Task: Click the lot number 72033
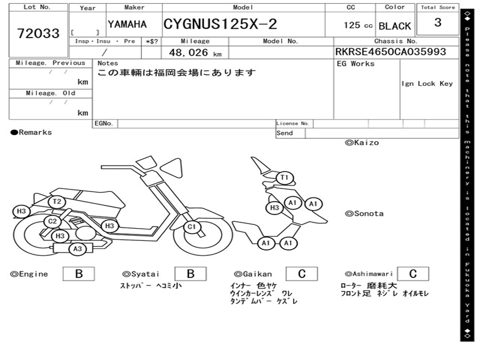(x=38, y=33)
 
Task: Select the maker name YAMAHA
(x=127, y=24)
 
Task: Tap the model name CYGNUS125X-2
(x=220, y=24)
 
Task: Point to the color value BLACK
(x=395, y=26)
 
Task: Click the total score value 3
(x=438, y=22)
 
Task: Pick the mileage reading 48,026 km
(x=195, y=52)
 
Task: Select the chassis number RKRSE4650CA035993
(x=390, y=52)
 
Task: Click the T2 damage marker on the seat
(x=57, y=202)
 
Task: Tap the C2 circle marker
(x=52, y=221)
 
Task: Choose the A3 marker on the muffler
(x=77, y=248)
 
